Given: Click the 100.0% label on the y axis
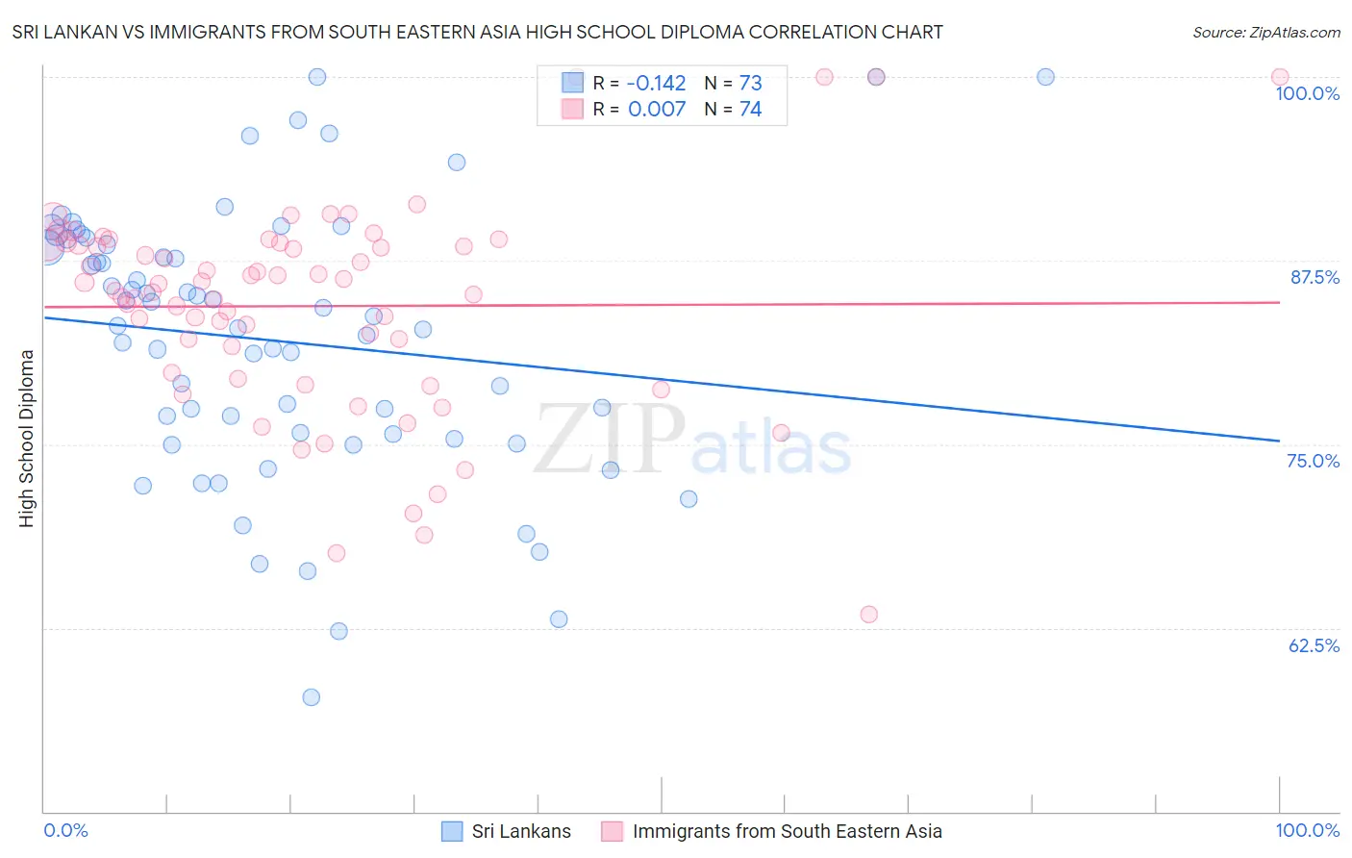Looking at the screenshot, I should (x=1307, y=93).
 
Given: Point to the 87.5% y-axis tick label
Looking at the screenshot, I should (x=1314, y=277).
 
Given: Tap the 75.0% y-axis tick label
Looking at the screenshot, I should (x=1313, y=461).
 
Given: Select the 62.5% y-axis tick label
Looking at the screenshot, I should (x=1314, y=645).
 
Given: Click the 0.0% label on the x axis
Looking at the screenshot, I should (x=65, y=830).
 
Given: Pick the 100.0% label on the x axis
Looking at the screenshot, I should (x=1307, y=830).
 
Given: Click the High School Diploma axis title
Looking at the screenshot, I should (x=27, y=438).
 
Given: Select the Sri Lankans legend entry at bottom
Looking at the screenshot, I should (x=520, y=831).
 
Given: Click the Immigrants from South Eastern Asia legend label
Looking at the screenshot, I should (x=787, y=831).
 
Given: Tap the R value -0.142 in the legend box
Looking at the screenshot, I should (x=656, y=83).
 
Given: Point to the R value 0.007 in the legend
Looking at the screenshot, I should (x=657, y=110).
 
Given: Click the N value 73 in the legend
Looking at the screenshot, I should (x=750, y=83).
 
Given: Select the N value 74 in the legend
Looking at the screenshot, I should (x=750, y=110).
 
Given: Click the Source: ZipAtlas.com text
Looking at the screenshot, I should (x=1265, y=33).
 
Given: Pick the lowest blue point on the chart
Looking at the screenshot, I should (x=311, y=697).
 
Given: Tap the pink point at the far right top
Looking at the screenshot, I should (x=1280, y=77).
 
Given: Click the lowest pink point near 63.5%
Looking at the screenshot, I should (x=869, y=615).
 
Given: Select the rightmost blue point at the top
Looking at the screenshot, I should (x=1045, y=77).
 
